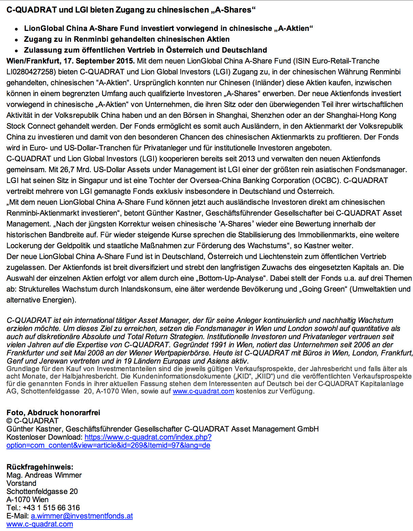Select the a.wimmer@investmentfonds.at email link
pos(82,516)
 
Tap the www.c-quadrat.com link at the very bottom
pos(40,524)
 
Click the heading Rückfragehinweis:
pos(40,467)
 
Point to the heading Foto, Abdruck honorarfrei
pos(53,413)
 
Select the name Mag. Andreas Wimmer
pos(44,475)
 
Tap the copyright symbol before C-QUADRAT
pos(9,421)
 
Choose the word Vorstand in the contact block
pos(21,483)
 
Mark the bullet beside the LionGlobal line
pos(16,29)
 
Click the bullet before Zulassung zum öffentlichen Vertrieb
pos(16,51)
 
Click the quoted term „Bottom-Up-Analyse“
pos(231,278)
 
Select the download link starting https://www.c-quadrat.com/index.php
pos(148,437)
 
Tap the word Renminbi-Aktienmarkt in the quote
pos(41,213)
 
